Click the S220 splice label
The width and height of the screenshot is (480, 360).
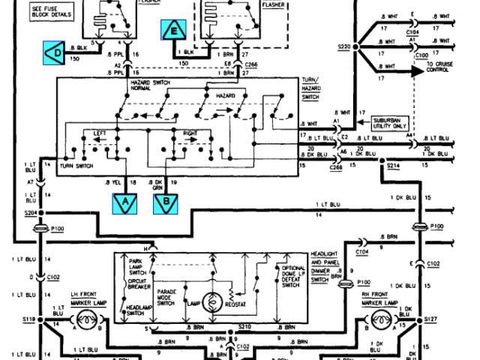pos(344,46)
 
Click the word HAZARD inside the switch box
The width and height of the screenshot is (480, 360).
pos(226,97)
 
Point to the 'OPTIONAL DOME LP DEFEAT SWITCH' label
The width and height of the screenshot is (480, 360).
pos(292,276)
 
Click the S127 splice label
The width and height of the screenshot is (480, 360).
pos(430,319)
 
